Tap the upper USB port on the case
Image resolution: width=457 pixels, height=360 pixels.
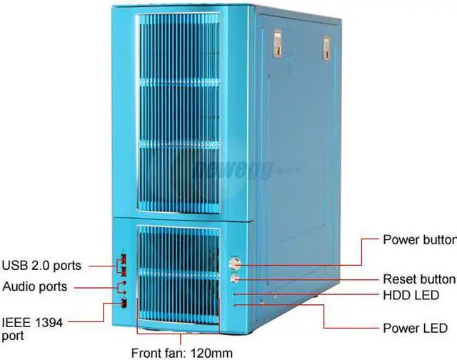pyautogui.click(x=123, y=259)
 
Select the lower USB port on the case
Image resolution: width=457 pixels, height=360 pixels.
pyautogui.click(x=123, y=269)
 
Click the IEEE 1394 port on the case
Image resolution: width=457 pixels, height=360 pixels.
pyautogui.click(x=124, y=304)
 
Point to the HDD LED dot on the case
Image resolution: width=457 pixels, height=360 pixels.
pyautogui.click(x=235, y=293)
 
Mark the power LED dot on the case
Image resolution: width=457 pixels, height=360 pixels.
pyautogui.click(x=235, y=304)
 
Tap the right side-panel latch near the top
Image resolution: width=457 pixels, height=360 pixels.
pyautogui.click(x=326, y=47)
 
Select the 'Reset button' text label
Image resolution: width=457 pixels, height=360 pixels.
pyautogui.click(x=418, y=279)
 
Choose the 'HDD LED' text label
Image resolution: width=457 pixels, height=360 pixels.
pyautogui.click(x=411, y=295)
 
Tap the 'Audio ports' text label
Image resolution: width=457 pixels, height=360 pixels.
pyautogui.click(x=35, y=286)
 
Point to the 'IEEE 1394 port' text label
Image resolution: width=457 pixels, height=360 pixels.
pyautogui.click(x=32, y=329)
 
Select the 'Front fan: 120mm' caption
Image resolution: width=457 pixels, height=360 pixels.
pyautogui.click(x=182, y=351)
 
